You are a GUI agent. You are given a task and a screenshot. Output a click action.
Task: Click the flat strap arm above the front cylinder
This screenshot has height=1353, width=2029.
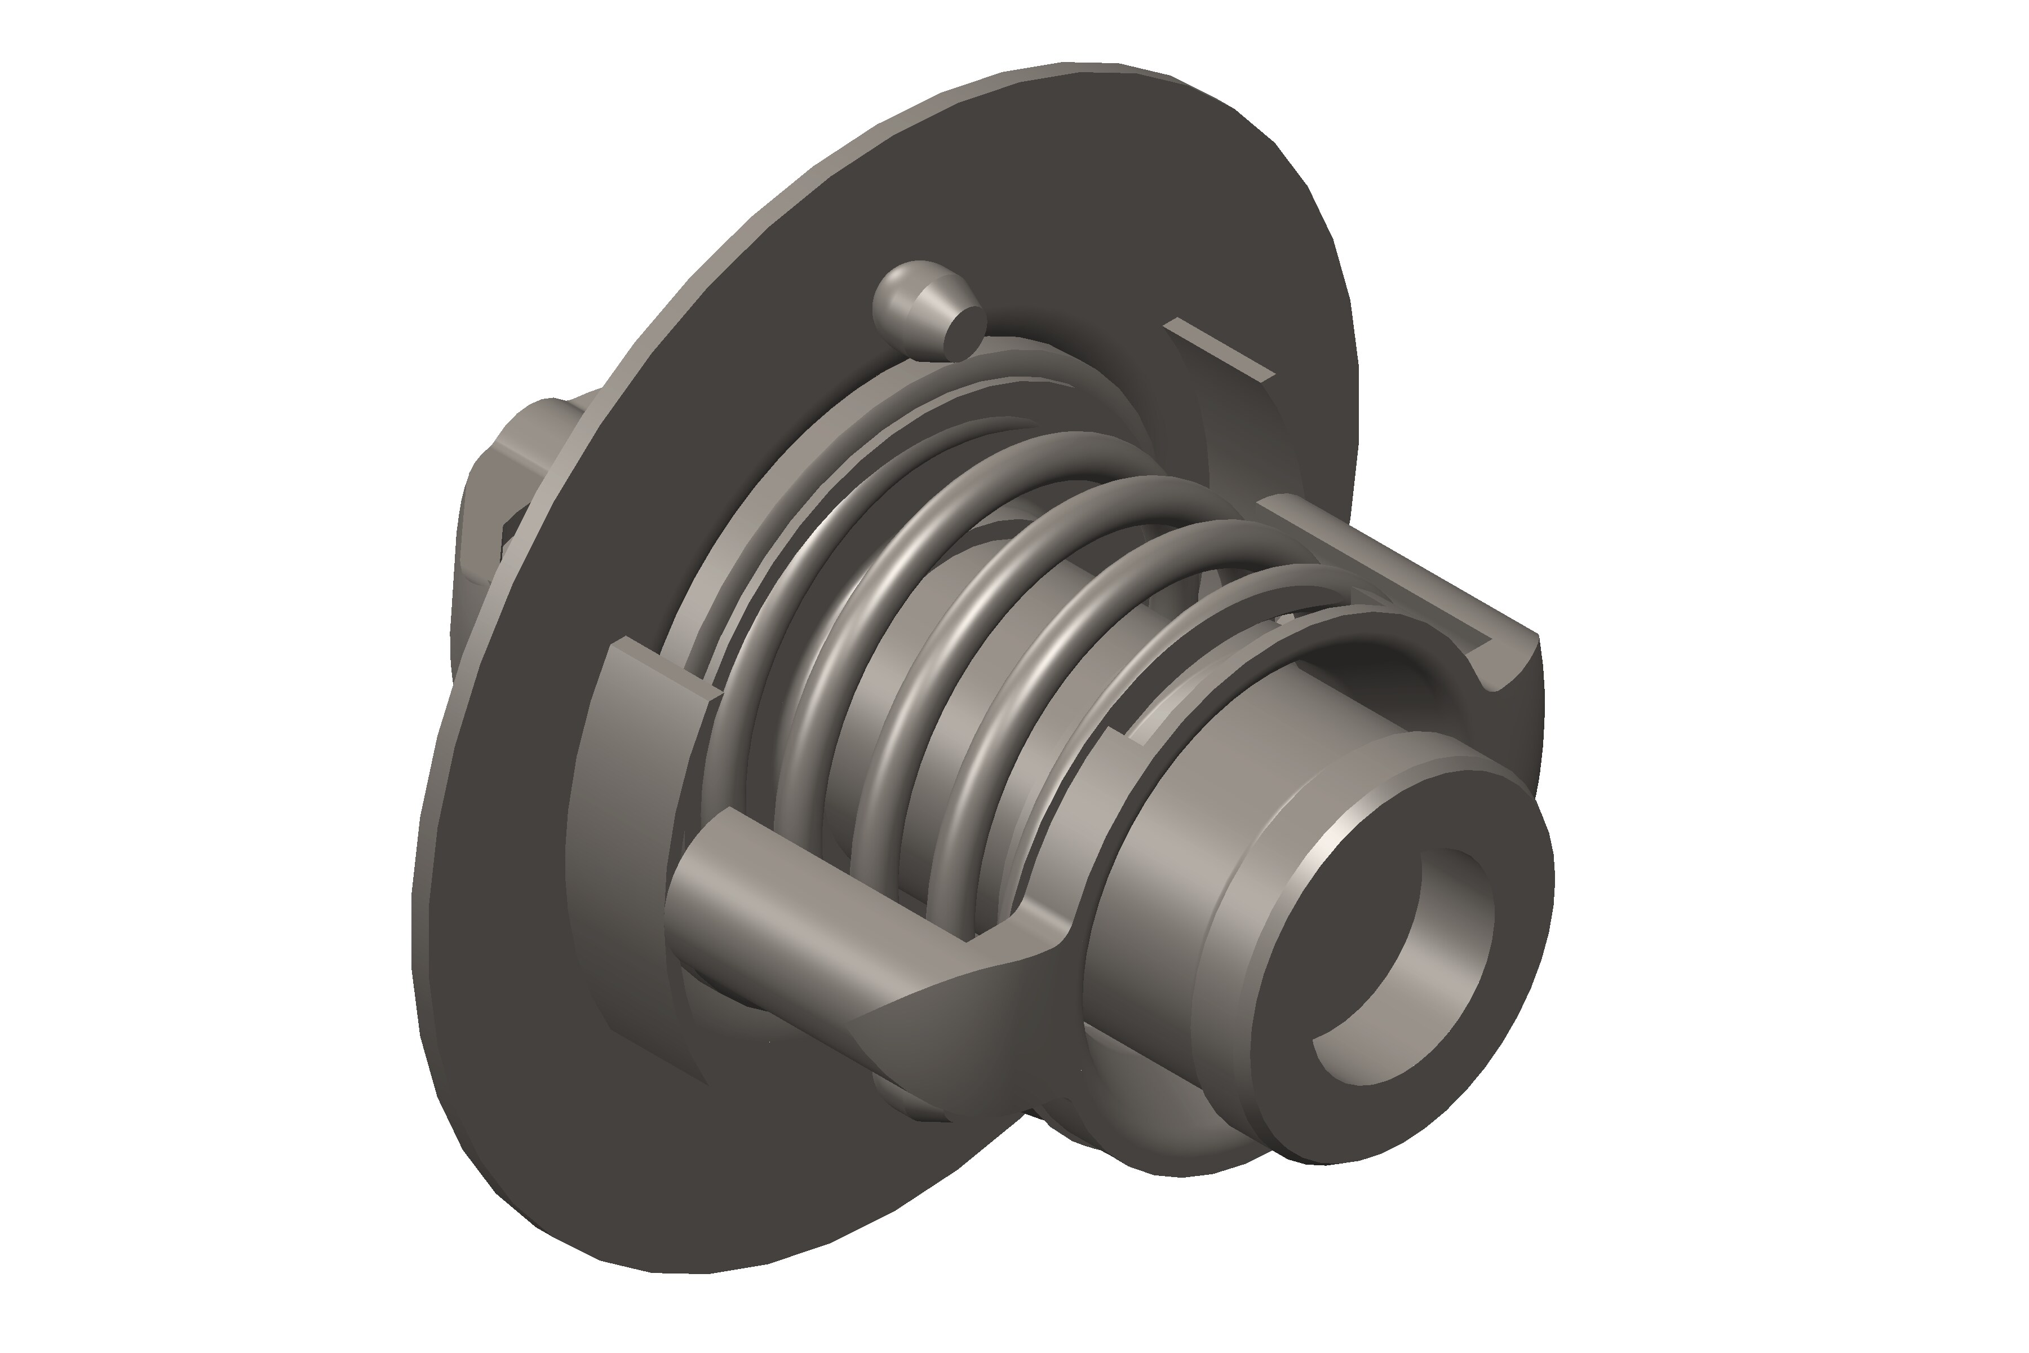click(1398, 569)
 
